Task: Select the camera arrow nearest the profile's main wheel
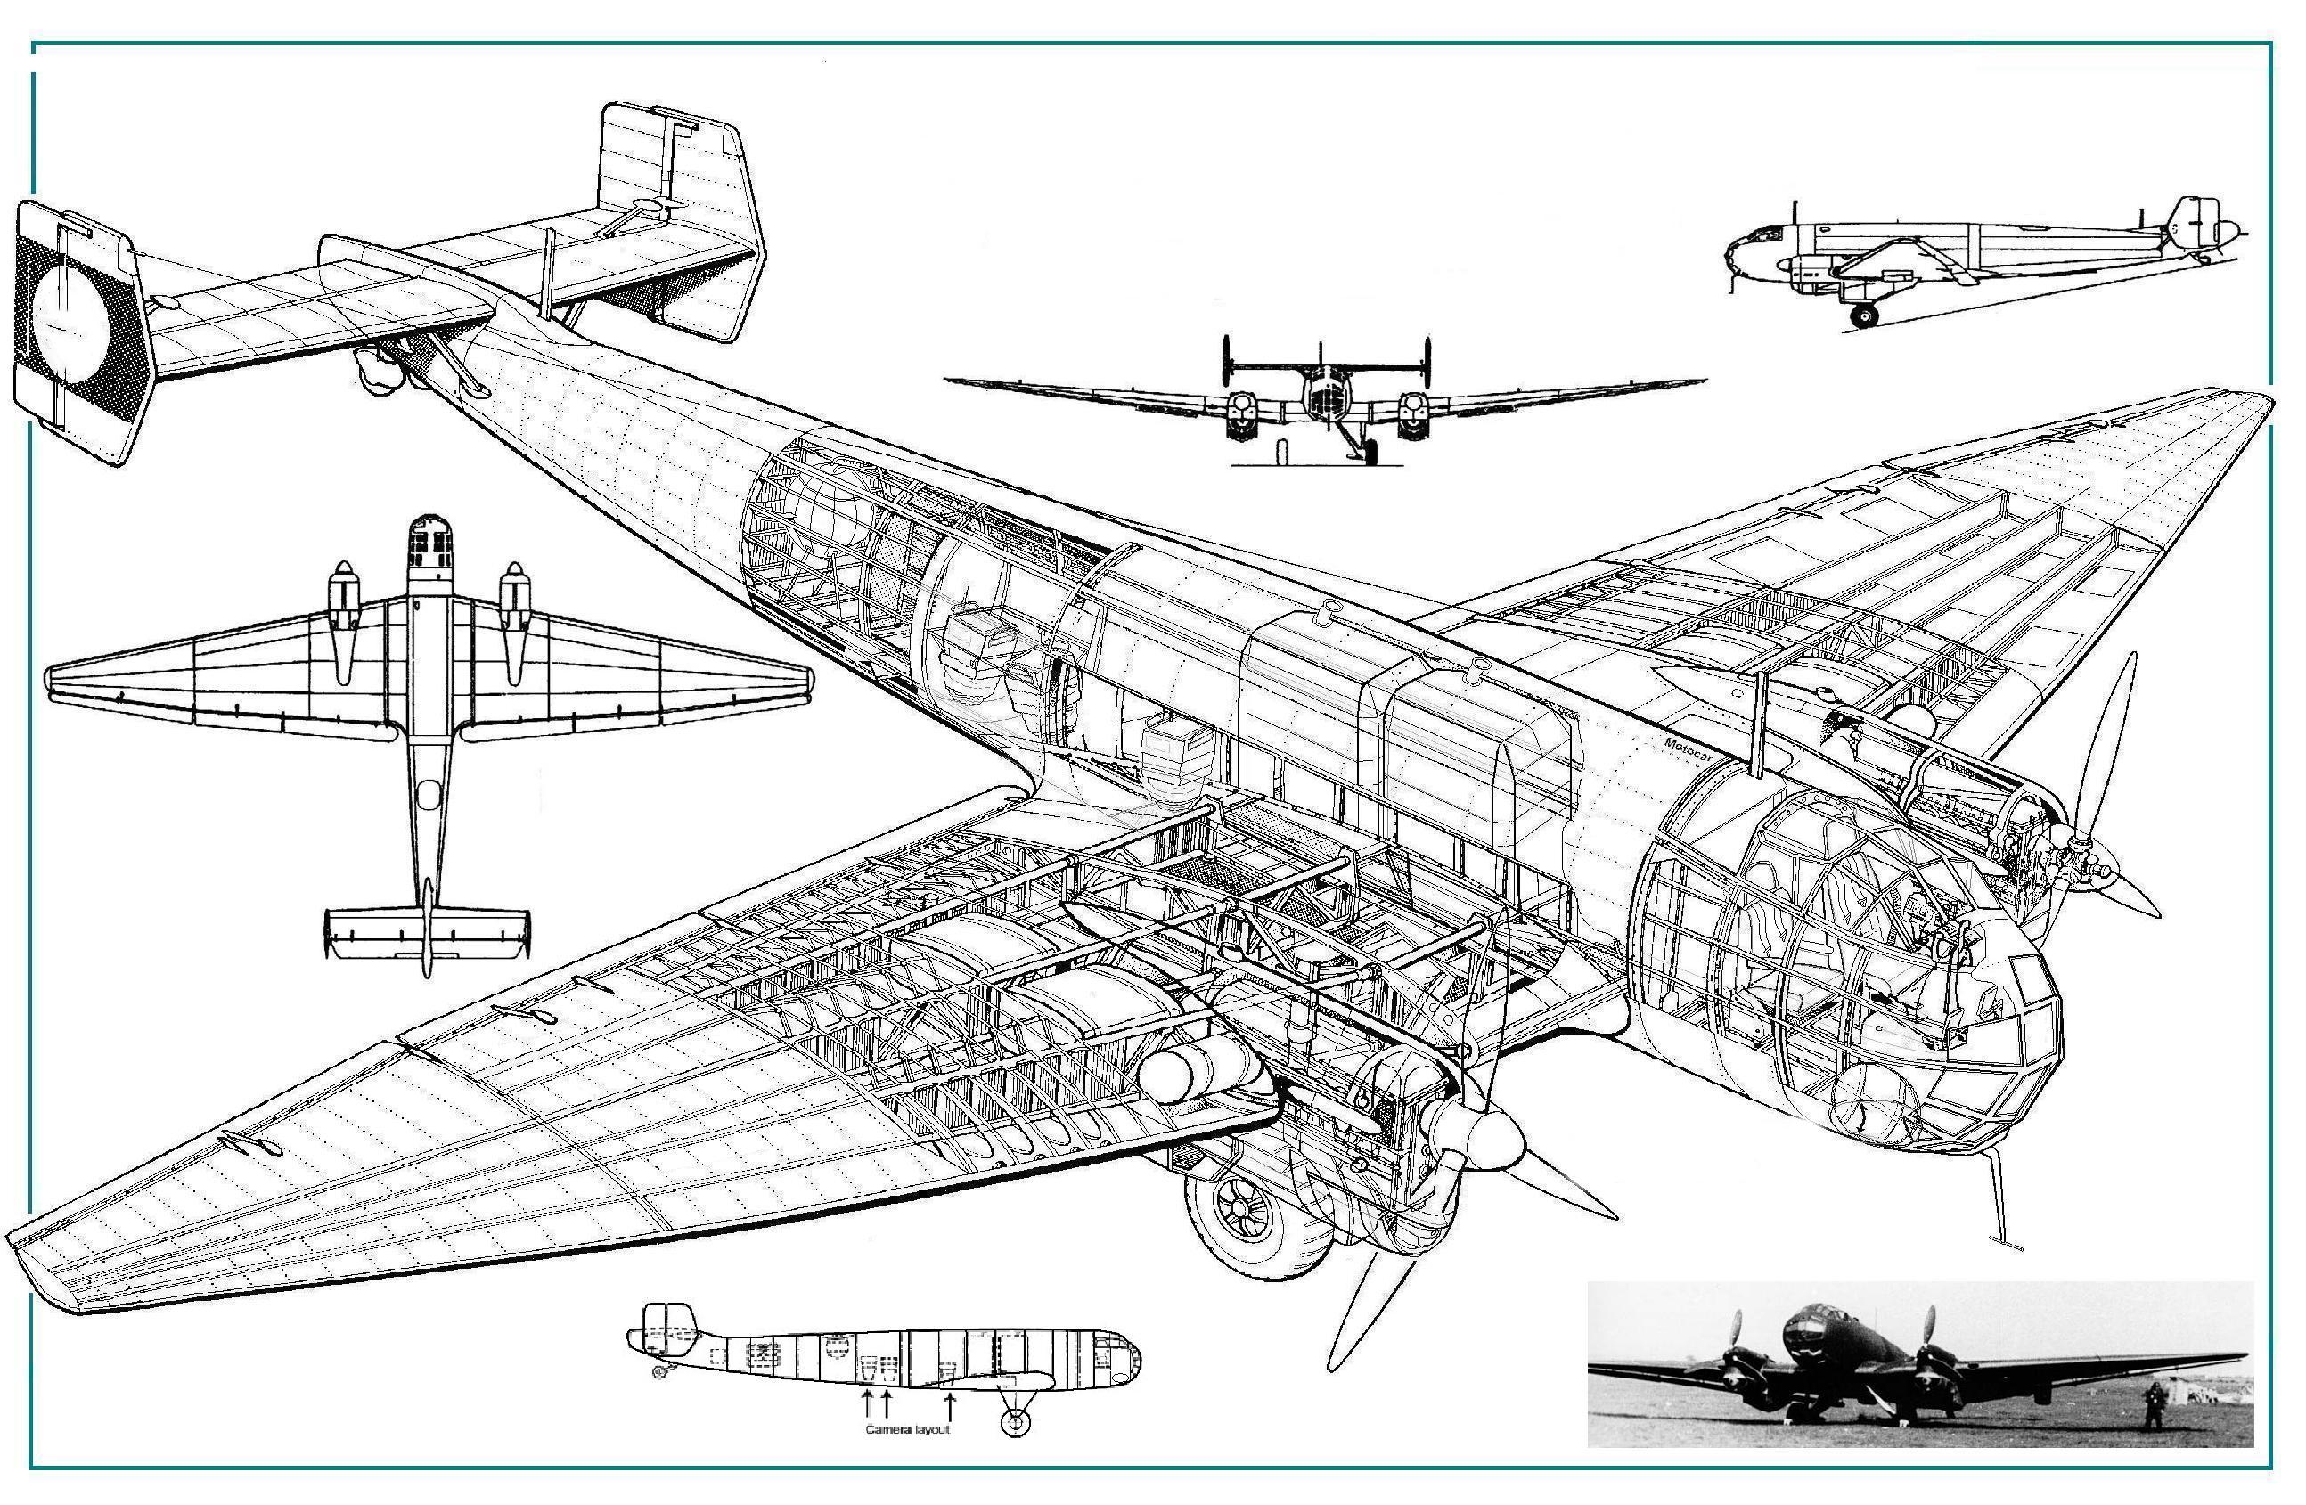[950, 1405]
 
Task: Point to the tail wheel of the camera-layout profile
[662, 1371]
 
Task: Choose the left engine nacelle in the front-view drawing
[1240, 412]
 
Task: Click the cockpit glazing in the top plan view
[430, 544]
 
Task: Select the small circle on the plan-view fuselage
[429, 796]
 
